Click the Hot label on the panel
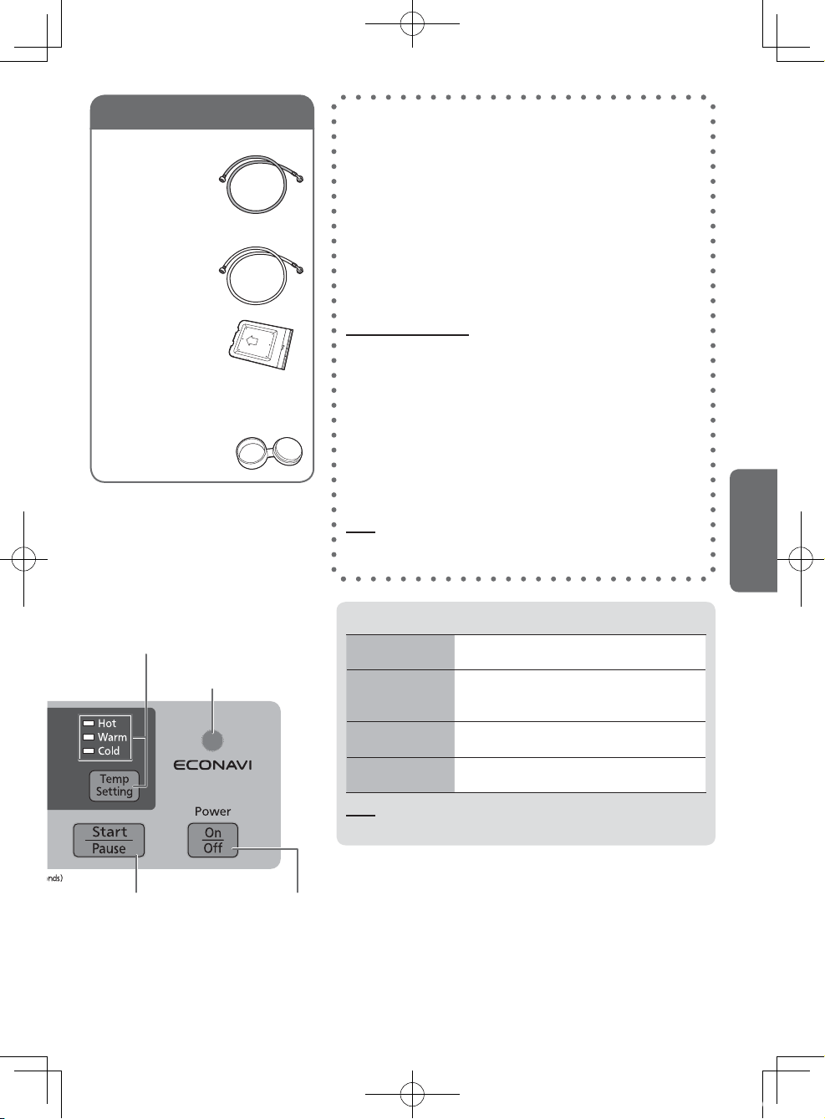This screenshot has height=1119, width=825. click(106, 724)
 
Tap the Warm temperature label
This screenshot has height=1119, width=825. click(113, 737)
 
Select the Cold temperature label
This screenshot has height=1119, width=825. click(109, 750)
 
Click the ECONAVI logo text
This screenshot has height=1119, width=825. click(212, 765)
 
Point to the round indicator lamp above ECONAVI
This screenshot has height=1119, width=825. click(212, 740)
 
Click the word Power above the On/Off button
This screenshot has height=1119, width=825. click(213, 811)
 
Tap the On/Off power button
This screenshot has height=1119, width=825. click(213, 840)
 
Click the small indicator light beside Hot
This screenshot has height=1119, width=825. click(89, 724)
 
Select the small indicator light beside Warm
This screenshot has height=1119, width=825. click(89, 737)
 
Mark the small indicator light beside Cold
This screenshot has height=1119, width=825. click(89, 750)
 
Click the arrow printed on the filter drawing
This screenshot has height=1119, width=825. click(252, 341)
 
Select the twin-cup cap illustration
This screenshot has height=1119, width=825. click(269, 453)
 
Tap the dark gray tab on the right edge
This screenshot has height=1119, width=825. click(754, 531)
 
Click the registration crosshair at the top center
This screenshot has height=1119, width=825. click(412, 23)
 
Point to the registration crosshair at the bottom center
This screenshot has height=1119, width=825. click(412, 1094)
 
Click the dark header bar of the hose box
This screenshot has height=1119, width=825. click(202, 112)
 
